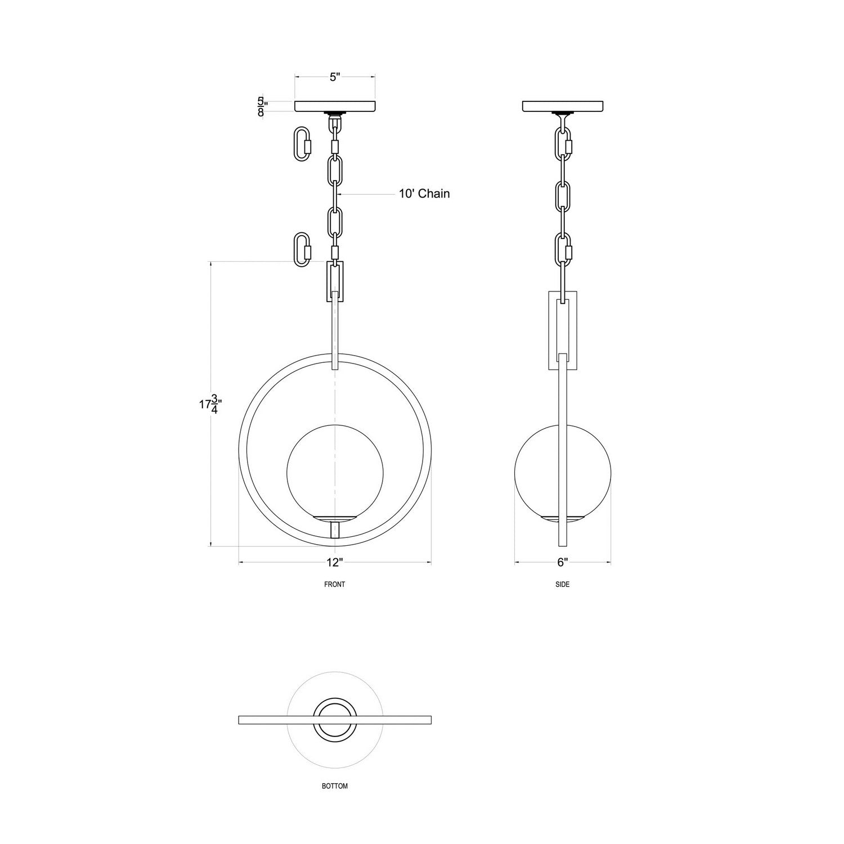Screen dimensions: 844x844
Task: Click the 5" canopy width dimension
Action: (335, 77)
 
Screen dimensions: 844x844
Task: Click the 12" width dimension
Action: (334, 562)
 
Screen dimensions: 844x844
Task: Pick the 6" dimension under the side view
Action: (563, 562)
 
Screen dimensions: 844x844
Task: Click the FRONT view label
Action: (335, 585)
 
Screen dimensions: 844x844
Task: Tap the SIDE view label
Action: (563, 585)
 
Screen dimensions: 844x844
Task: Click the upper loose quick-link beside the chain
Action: (302, 143)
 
